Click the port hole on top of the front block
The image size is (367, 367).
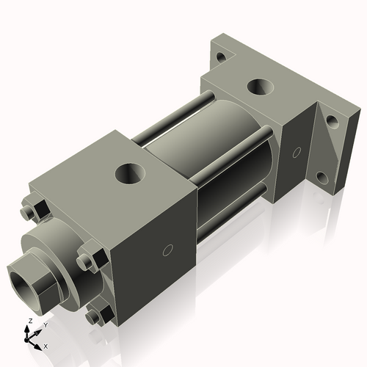[x=131, y=174]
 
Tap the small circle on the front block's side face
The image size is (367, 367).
[x=167, y=250]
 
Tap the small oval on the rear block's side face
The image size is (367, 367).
[x=296, y=153]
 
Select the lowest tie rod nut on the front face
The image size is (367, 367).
[x=95, y=316]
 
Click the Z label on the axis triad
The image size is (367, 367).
[x=29, y=321]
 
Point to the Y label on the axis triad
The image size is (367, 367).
[x=45, y=324]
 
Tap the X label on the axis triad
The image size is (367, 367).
[x=46, y=345]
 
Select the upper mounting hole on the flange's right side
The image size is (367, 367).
[x=332, y=120]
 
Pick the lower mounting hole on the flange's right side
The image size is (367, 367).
[x=322, y=178]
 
